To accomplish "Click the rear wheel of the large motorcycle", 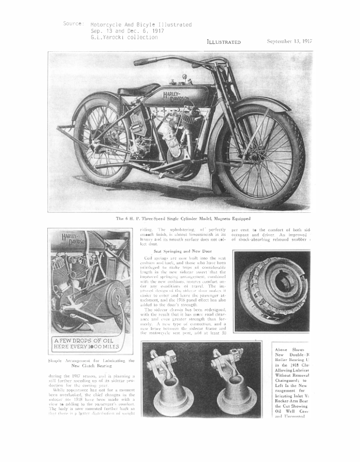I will pyautogui.click(x=100, y=144).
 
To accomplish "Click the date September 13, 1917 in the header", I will pyautogui.click(x=289, y=42).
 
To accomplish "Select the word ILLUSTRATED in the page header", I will pyautogui.click(x=224, y=42).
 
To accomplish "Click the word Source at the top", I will pyautogui.click(x=74, y=24).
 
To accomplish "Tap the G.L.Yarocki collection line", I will pyautogui.click(x=124, y=37).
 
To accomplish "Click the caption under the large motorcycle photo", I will pyautogui.click(x=180, y=219).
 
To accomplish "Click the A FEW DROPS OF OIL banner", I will pyautogui.click(x=85, y=344).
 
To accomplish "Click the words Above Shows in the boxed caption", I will pyautogui.click(x=292, y=350).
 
